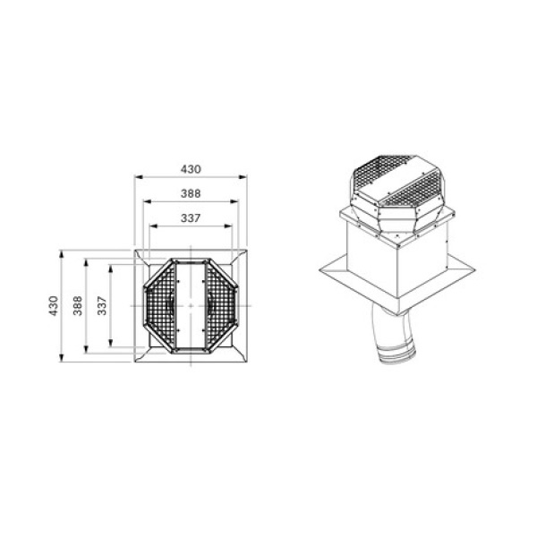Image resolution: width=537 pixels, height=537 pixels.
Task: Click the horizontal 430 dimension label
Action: coord(191,169)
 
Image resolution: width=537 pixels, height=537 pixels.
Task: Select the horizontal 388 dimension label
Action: coord(191,193)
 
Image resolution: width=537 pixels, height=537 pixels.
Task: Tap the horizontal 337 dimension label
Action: coord(191,218)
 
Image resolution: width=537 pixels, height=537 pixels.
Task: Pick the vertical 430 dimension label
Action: coord(54,306)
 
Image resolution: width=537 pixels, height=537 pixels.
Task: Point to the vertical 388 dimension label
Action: coord(78,306)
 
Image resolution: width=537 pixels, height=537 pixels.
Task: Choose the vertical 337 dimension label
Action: coord(102,306)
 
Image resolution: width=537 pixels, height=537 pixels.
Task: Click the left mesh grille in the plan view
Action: coord(160,305)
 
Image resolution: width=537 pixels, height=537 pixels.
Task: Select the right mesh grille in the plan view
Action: coord(221,305)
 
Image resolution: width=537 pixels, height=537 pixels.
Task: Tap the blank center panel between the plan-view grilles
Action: coord(191,305)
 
